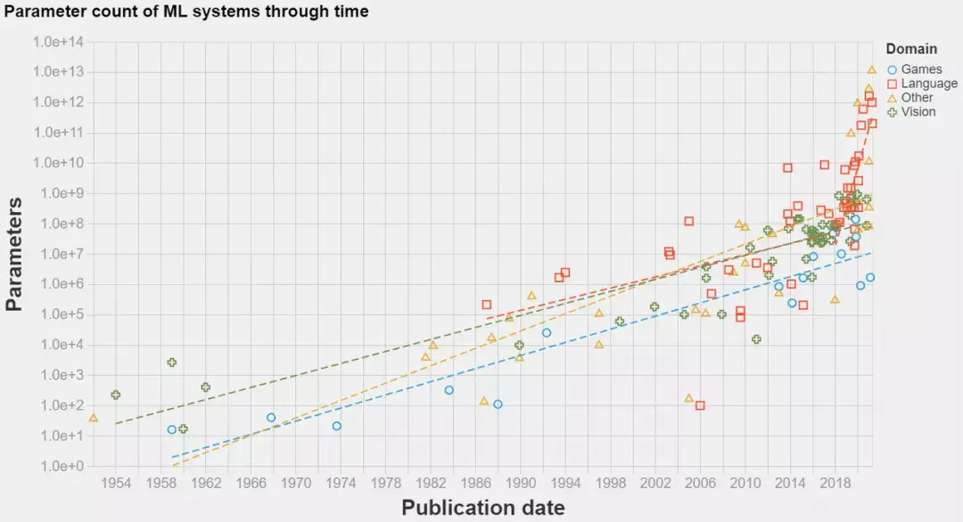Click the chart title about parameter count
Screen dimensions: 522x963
coord(186,12)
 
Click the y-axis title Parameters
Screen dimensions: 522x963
coord(14,255)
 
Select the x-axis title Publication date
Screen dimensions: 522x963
coord(482,508)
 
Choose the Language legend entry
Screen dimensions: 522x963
coord(927,84)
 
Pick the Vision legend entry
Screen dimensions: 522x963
coord(918,112)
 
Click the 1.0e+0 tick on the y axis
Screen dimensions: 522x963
coord(61,466)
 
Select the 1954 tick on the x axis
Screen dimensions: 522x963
coord(116,482)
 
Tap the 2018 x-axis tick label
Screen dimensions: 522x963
coord(835,482)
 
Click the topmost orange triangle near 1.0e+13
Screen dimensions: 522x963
coord(871,69)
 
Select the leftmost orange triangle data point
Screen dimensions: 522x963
coord(94,417)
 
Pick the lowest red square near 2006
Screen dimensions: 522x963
coord(700,405)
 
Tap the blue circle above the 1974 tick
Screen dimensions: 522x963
coord(337,426)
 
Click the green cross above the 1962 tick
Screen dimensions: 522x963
coord(205,387)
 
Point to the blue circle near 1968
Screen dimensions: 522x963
coord(271,417)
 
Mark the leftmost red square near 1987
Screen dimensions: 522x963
coord(487,305)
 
